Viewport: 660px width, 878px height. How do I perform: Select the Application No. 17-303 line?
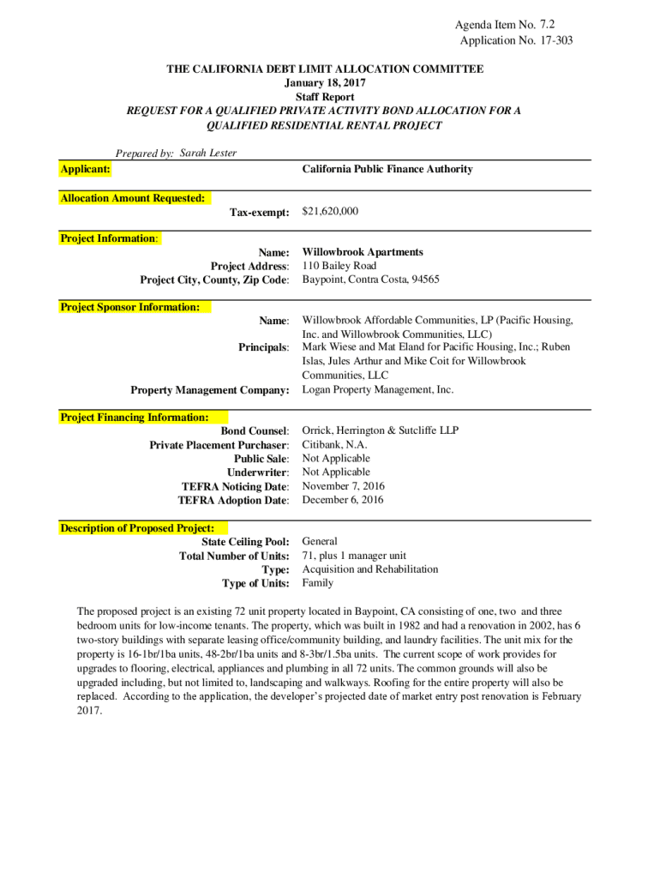(516, 40)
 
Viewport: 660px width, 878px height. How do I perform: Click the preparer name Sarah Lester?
(208, 153)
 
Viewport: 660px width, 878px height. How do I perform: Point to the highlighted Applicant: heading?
(85, 169)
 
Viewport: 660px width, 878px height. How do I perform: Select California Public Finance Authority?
(387, 169)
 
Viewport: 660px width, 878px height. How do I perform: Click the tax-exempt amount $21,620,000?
(330, 211)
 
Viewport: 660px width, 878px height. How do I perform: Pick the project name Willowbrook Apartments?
(363, 252)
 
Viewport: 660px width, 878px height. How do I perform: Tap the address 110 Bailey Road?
(339, 266)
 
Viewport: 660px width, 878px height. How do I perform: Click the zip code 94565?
(423, 280)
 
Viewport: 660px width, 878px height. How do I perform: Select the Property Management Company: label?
(210, 390)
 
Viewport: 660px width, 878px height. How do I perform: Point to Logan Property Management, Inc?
(377, 389)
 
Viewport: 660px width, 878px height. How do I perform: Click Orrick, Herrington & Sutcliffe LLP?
(381, 430)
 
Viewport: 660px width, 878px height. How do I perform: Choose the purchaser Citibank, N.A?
(334, 444)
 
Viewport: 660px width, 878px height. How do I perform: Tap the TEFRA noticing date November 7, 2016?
(344, 485)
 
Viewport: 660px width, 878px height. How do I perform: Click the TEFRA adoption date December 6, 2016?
(343, 500)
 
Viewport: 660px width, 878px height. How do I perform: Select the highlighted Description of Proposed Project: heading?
(137, 528)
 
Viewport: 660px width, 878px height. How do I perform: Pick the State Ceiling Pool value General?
(320, 541)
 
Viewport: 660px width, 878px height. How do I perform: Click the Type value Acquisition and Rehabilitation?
(369, 568)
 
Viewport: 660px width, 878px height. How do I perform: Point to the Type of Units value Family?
(317, 582)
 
